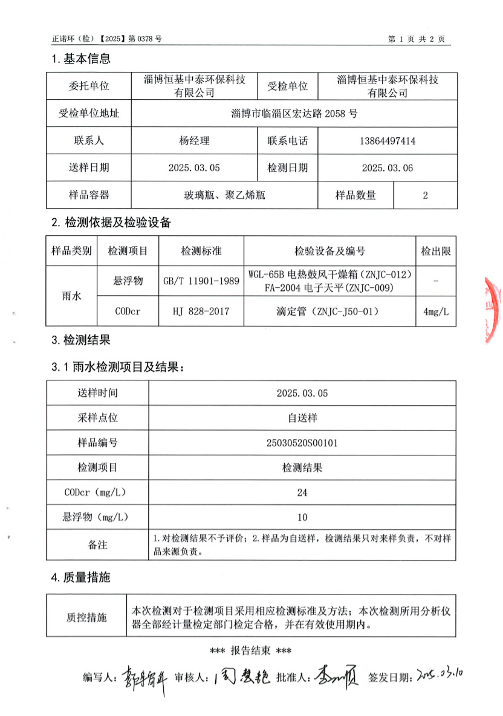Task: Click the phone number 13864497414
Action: (388, 141)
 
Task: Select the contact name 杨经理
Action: (194, 141)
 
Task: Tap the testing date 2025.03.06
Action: (388, 168)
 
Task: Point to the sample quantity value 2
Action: (425, 195)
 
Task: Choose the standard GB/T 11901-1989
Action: (201, 281)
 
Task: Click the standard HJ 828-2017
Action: (201, 312)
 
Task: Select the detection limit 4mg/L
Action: (435, 312)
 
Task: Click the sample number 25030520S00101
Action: (302, 443)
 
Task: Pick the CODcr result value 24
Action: (302, 492)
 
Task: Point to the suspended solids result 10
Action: (302, 517)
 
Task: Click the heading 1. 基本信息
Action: (81, 59)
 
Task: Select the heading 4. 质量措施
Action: (81, 578)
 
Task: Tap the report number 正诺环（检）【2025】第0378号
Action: (107, 39)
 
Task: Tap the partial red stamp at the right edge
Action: (494, 311)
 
